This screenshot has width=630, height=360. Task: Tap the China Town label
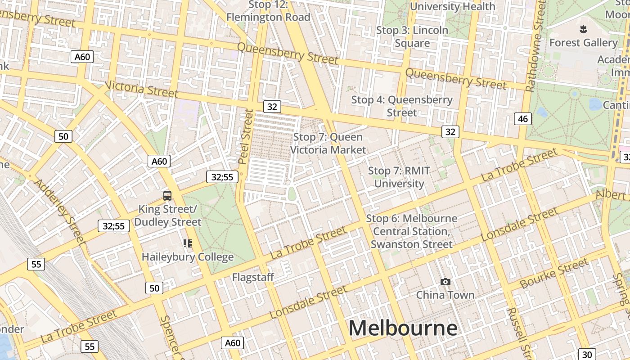(x=445, y=295)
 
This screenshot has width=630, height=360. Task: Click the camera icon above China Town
(x=445, y=282)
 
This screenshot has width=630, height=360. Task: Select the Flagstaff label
(x=253, y=277)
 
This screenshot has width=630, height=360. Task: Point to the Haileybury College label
(x=188, y=257)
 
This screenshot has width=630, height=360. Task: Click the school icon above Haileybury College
(x=188, y=243)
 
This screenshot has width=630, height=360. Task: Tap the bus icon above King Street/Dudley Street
(x=167, y=195)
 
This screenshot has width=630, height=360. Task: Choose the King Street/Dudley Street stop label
(x=167, y=216)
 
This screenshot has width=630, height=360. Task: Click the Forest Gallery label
(x=583, y=43)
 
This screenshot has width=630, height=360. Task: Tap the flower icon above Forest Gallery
(x=583, y=29)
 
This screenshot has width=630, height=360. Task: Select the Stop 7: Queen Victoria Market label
(x=328, y=143)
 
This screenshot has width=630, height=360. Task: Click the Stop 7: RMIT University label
(x=399, y=177)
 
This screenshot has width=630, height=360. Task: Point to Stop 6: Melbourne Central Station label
(x=412, y=231)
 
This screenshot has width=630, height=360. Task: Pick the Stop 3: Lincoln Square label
(x=412, y=36)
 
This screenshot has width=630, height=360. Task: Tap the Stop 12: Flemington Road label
(x=269, y=11)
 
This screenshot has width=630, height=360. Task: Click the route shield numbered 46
(x=522, y=119)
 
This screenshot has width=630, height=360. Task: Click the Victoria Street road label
(x=141, y=89)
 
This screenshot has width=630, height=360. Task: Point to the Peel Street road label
(x=246, y=137)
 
